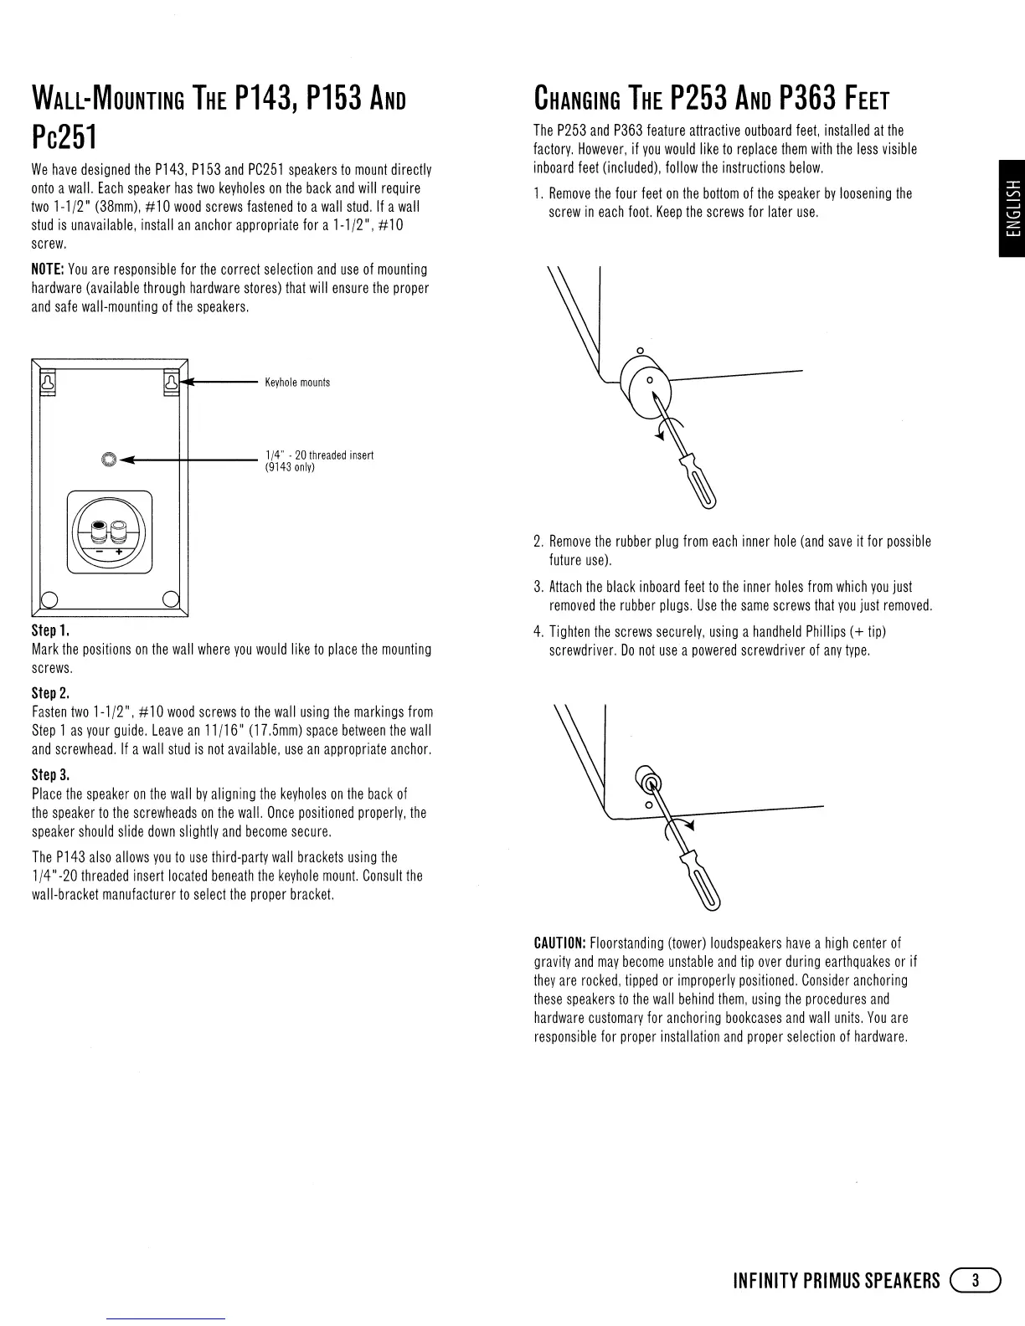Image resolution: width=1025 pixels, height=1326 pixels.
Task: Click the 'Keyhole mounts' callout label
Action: (297, 383)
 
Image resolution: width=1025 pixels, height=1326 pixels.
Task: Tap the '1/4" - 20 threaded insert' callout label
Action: (318, 455)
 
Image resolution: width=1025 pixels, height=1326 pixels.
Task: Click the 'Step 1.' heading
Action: (49, 630)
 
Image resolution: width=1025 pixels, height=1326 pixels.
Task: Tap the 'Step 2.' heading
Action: (50, 693)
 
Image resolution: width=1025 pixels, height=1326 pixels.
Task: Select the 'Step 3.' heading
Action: (50, 774)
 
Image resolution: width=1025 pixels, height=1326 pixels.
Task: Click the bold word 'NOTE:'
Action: (48, 270)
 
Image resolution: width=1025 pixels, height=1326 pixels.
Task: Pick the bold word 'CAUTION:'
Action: (565, 943)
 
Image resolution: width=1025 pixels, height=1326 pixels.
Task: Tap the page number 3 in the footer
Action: (975, 1281)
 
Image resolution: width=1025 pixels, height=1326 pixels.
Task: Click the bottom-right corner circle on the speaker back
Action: (171, 599)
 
